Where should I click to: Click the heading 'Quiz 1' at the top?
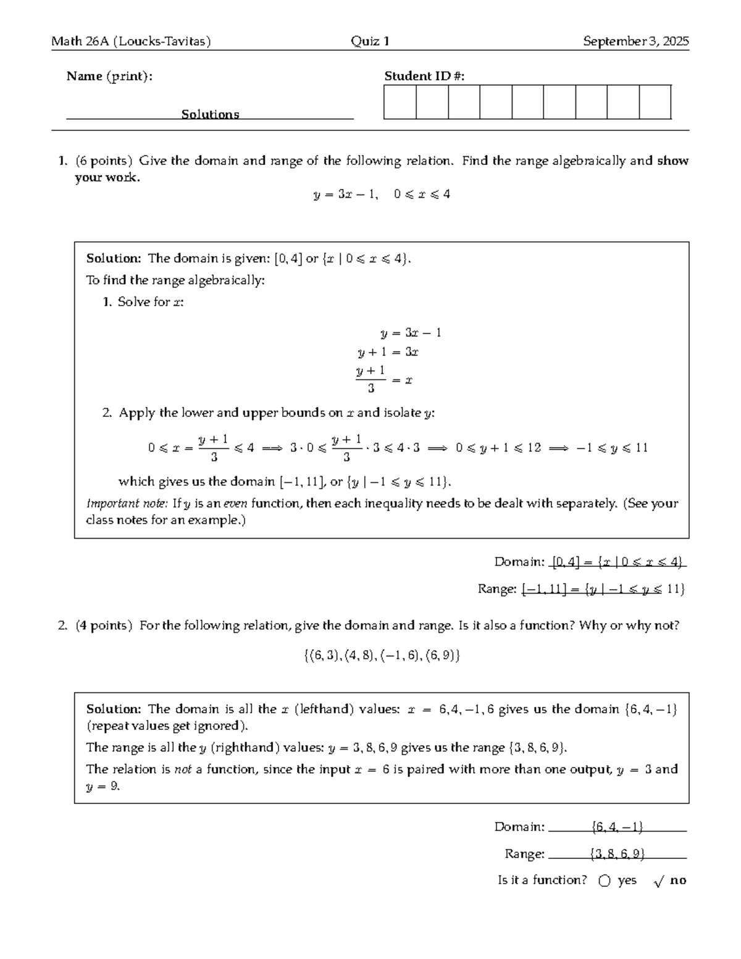[x=370, y=41]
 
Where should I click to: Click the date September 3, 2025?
[x=635, y=41]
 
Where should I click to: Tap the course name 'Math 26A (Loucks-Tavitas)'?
[x=131, y=41]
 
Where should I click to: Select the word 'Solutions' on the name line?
[x=210, y=114]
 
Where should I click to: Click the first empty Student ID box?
[x=400, y=102]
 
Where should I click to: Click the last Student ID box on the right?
[x=655, y=102]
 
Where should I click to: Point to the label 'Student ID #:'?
[x=424, y=76]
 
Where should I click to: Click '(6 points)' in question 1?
[x=104, y=161]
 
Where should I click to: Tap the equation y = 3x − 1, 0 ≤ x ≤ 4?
[x=382, y=195]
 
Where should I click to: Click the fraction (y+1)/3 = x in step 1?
[x=383, y=379]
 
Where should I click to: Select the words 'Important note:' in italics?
[x=127, y=503]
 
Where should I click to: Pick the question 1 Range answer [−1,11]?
[x=544, y=589]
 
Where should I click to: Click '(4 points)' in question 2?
[x=104, y=626]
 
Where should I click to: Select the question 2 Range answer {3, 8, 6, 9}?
[x=617, y=854]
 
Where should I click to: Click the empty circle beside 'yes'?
[x=605, y=881]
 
